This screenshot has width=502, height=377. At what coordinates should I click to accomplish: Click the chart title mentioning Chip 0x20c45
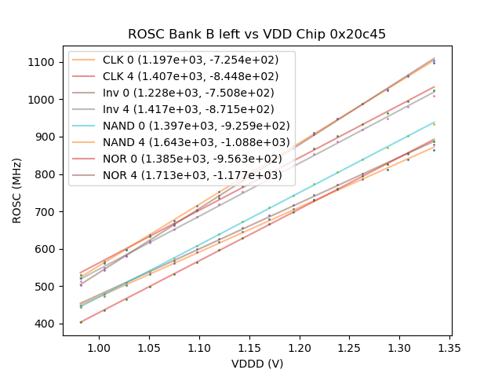(256, 35)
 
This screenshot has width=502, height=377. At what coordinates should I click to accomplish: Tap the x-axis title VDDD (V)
(256, 363)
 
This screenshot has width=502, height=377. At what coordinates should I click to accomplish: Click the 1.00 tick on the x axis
(98, 346)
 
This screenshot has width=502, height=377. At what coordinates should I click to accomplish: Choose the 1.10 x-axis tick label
(198, 346)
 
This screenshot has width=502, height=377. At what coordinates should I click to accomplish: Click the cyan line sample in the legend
(85, 126)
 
